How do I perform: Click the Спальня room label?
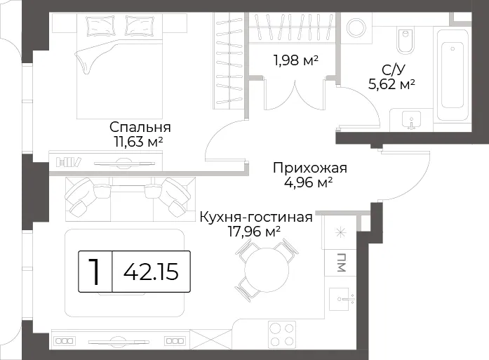[x=140, y=127]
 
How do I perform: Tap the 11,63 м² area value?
[x=139, y=142]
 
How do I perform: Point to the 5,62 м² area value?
[x=391, y=84]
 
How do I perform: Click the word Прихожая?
[x=310, y=168]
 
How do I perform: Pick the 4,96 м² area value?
[x=308, y=182]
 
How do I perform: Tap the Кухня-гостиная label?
[x=256, y=217]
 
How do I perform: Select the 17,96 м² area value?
[x=255, y=232]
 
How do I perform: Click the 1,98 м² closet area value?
[x=295, y=60]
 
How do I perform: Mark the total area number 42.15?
[x=152, y=272]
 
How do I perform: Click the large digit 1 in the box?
[x=95, y=272]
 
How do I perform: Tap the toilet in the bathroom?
[x=406, y=41]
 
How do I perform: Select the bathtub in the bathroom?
[x=453, y=75]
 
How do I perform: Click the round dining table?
[x=267, y=270]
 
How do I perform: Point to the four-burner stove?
[x=282, y=334]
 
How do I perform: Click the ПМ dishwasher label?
[x=341, y=262]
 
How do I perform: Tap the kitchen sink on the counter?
[x=342, y=300]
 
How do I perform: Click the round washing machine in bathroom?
[x=357, y=28]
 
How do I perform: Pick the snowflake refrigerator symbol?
[x=340, y=232]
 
